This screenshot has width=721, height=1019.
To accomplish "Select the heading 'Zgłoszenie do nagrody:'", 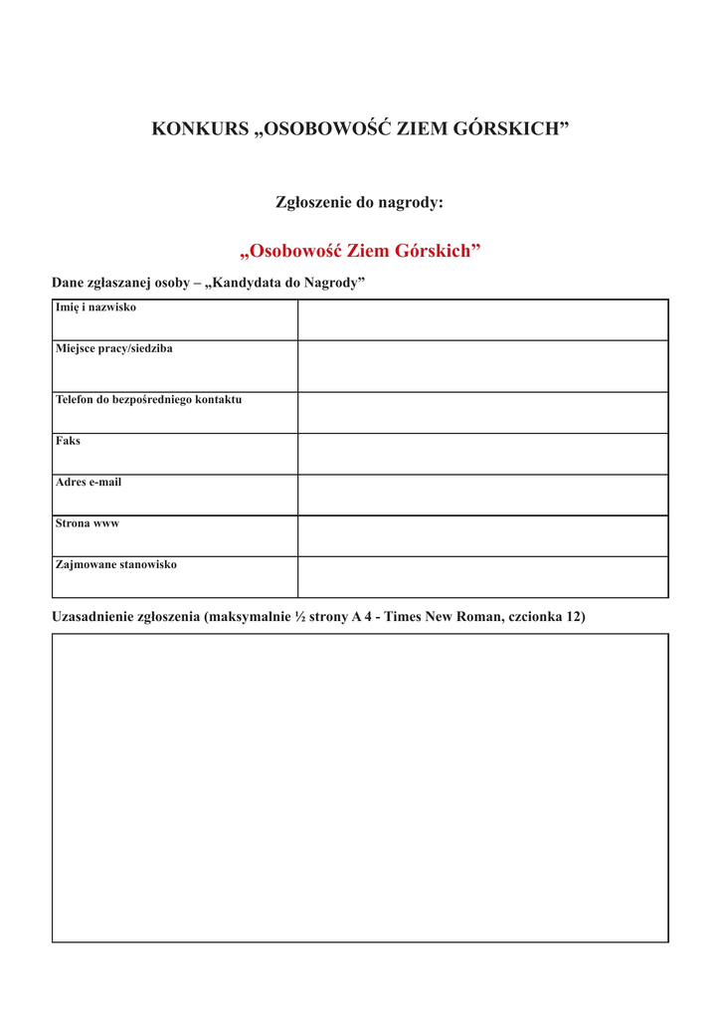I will pyautogui.click(x=359, y=202).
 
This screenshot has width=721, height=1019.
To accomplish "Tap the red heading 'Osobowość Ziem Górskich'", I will pyautogui.click(x=360, y=251).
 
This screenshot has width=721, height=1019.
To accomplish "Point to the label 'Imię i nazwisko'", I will pyautogui.click(x=95, y=307).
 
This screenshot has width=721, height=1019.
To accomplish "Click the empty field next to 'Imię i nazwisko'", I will pyautogui.click(x=482, y=319).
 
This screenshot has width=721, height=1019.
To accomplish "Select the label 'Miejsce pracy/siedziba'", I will pyautogui.click(x=113, y=349).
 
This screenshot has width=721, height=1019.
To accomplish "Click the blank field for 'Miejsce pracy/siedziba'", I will pyautogui.click(x=482, y=366).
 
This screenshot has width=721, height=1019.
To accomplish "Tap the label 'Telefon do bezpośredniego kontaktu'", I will pyautogui.click(x=148, y=400).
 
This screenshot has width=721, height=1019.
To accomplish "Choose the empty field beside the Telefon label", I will pyautogui.click(x=482, y=412).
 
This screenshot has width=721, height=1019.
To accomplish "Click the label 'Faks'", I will pyautogui.click(x=68, y=441).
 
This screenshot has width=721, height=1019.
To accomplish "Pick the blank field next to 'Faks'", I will pyautogui.click(x=482, y=454).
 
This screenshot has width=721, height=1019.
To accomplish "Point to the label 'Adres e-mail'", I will pyautogui.click(x=89, y=483).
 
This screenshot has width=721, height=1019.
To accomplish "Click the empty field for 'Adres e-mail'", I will pyautogui.click(x=482, y=495).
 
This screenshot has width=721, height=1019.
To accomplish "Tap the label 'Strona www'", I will pyautogui.click(x=87, y=523).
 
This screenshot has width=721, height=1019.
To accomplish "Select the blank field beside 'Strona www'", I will pyautogui.click(x=482, y=535).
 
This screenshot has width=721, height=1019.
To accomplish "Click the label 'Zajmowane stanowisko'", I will pyautogui.click(x=115, y=565).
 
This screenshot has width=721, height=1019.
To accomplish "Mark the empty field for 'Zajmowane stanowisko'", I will pyautogui.click(x=482, y=577).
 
